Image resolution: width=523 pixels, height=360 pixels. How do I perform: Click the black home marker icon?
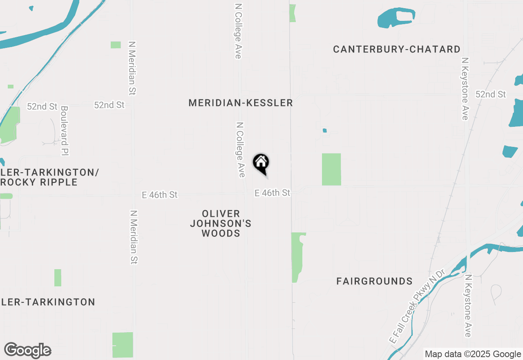(261, 163)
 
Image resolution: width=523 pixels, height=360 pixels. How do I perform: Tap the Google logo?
(28, 351)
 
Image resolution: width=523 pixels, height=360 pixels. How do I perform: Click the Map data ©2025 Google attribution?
(473, 354)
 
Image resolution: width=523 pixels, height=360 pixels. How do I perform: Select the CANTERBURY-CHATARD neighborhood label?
(396, 49)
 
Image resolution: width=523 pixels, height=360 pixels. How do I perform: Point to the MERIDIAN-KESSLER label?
(241, 103)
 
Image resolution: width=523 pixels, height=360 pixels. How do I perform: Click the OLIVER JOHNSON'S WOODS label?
(221, 223)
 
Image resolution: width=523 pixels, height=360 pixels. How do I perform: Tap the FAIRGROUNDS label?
(374, 281)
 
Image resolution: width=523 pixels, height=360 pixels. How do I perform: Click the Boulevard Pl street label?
(65, 131)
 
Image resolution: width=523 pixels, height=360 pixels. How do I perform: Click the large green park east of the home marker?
(331, 169)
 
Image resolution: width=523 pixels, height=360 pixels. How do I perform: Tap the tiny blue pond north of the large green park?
(325, 130)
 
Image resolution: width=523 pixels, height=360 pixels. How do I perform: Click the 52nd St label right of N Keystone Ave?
(491, 94)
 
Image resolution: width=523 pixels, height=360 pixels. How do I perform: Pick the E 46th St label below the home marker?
(272, 193)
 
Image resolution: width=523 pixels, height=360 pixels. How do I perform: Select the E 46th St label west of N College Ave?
(159, 195)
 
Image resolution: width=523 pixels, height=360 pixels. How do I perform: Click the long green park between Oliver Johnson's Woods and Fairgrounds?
(298, 257)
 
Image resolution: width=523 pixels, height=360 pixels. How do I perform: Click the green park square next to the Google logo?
(123, 345)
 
